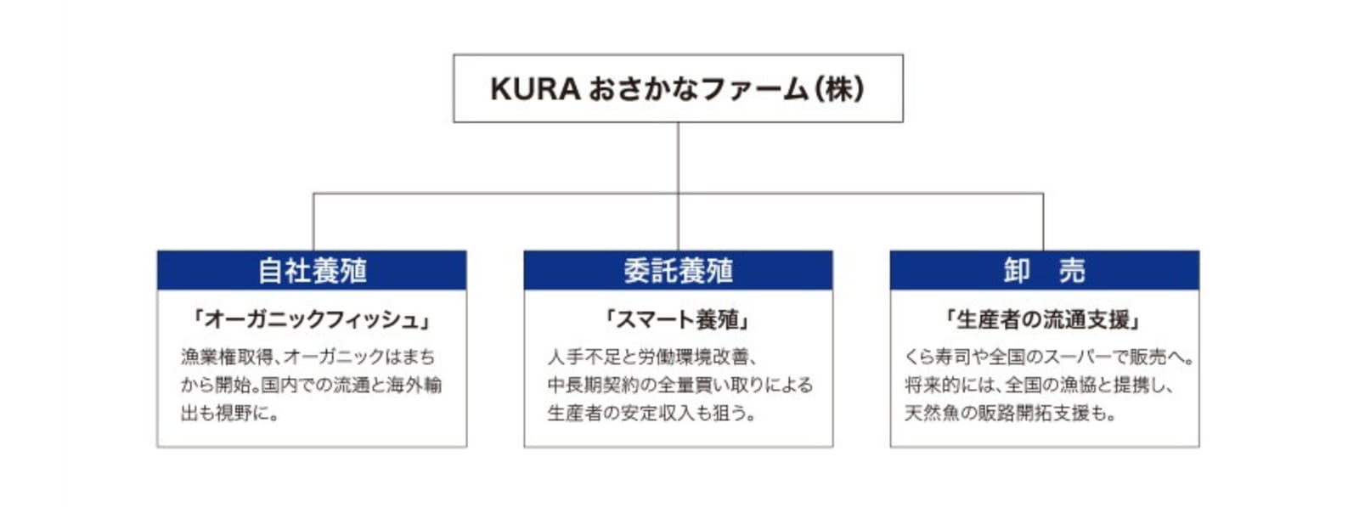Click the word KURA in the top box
[x=535, y=89]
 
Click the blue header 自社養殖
[x=312, y=270]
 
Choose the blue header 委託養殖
[x=679, y=270]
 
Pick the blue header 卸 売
[x=1045, y=270]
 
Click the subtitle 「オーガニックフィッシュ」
[x=312, y=319]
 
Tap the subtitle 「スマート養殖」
[x=679, y=319]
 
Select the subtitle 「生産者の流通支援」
[x=1044, y=319]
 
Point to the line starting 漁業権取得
[x=307, y=357]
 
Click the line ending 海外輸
[x=311, y=385]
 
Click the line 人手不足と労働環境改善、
[x=652, y=357]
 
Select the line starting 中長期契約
[x=680, y=385]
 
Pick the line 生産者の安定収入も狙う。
[x=651, y=414]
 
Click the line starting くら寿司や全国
[x=1049, y=357]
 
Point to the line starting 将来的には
[x=1040, y=385]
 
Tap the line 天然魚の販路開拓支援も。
[x=1010, y=414]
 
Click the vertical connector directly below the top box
[x=679, y=186]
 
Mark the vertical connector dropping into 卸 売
[x=1044, y=222]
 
